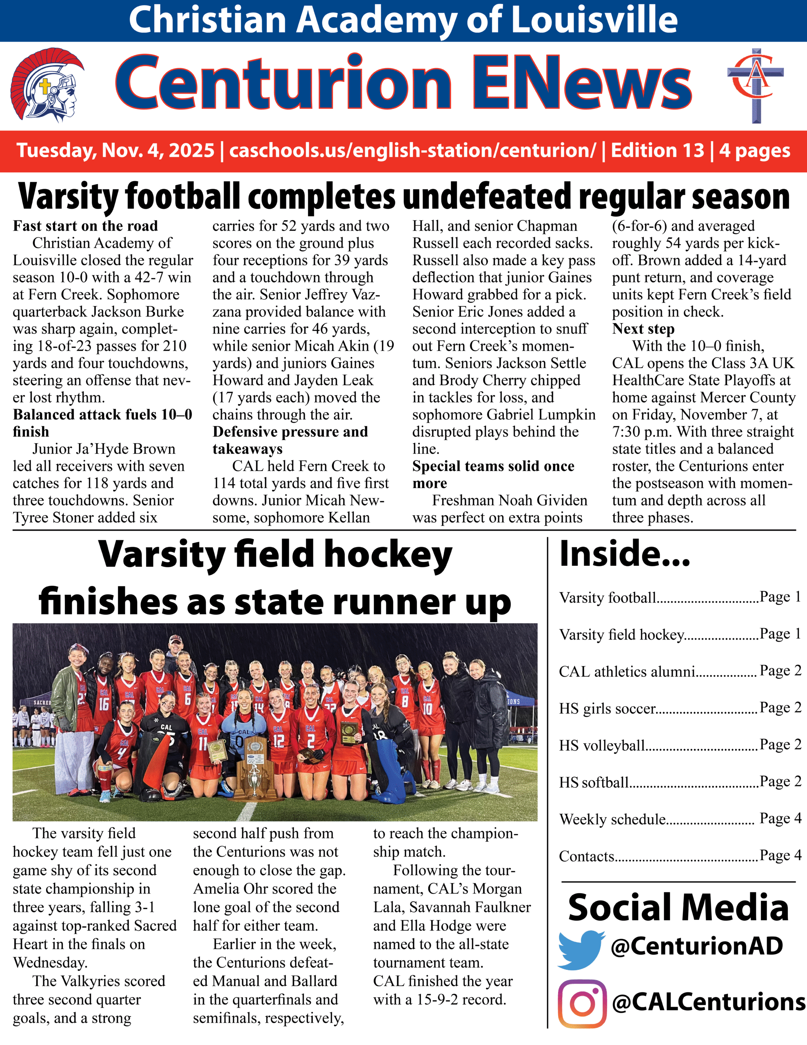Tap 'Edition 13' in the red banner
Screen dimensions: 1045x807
(657, 151)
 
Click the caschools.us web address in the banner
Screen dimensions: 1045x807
(412, 151)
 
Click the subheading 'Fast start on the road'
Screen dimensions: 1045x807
(85, 226)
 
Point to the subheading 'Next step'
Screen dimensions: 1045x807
(643, 329)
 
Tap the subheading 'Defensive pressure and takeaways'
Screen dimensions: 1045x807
(290, 440)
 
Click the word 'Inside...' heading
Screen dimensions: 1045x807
(624, 554)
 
